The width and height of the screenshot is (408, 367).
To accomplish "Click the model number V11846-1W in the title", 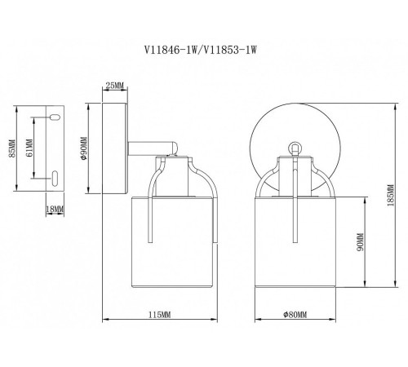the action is click(170, 50).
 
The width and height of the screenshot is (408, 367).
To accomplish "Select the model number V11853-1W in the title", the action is click(230, 50).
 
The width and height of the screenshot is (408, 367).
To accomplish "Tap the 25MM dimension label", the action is click(114, 86).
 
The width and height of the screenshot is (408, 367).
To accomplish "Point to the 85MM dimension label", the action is click(12, 148).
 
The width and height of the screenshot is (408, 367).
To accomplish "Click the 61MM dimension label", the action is click(29, 148).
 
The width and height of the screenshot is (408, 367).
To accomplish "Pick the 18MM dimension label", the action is click(55, 209).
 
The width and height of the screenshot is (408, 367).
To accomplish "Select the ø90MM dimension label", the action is click(84, 148).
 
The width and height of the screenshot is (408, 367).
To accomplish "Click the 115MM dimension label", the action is click(160, 315).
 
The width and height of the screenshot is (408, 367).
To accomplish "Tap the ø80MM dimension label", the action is click(295, 315).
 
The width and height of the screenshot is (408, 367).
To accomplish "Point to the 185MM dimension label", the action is click(391, 195).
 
